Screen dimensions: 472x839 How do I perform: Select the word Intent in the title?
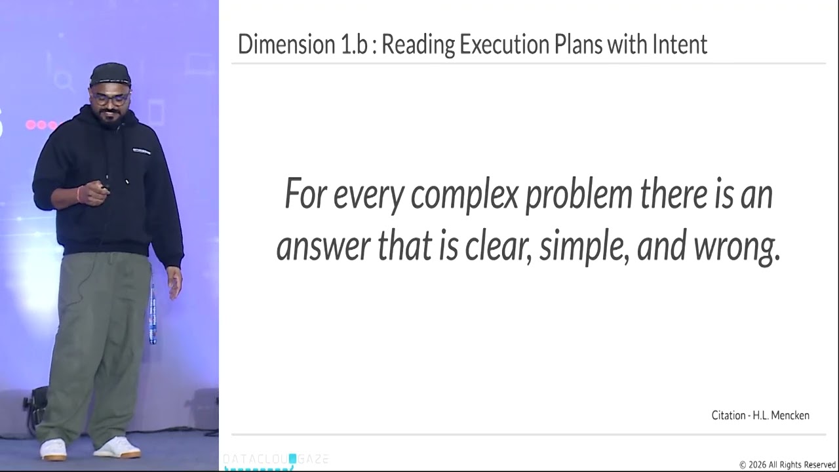click(679, 45)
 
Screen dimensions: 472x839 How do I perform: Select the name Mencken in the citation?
click(790, 415)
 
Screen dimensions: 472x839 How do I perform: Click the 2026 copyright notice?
click(787, 465)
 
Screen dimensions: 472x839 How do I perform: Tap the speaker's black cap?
click(110, 73)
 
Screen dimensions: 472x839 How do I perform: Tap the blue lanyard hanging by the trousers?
click(153, 315)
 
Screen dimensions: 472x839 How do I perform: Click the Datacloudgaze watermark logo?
click(275, 460)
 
